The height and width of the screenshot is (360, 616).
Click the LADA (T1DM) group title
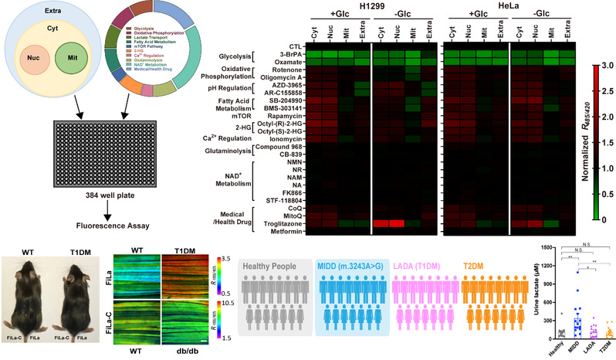coord(426,265)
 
